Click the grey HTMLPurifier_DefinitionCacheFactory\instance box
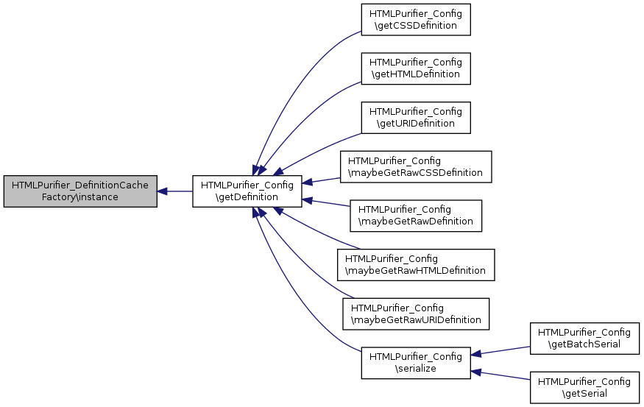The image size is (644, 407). click(80, 191)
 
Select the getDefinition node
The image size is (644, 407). click(247, 191)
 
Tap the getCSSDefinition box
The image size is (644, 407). click(416, 20)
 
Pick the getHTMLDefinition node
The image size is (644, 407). click(416, 68)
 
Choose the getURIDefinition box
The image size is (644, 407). click(416, 118)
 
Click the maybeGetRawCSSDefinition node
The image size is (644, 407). click(416, 167)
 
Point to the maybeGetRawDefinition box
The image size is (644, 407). click(416, 216)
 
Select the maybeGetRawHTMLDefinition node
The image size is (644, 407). click(416, 265)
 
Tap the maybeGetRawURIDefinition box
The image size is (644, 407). click(416, 314)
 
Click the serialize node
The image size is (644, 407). click(416, 363)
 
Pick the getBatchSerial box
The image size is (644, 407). click(584, 339)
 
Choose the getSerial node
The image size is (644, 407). click(584, 388)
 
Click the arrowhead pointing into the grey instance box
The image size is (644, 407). click(162, 191)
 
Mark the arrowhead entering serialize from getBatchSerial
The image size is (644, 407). click(475, 354)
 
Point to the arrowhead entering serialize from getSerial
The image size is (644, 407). click(475, 372)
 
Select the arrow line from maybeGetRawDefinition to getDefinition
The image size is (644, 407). click(326, 203)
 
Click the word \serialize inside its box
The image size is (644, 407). click(416, 369)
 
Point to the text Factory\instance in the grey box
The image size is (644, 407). click(80, 197)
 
